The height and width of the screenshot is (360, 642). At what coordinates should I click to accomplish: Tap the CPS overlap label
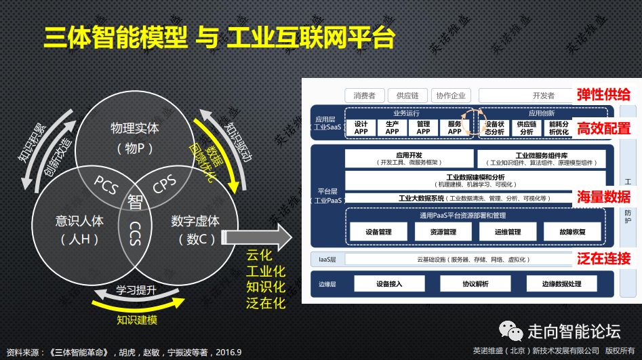pos(165,184)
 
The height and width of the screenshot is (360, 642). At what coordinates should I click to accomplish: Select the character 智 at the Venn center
pos(135,201)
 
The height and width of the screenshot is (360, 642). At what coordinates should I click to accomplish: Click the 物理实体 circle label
pos(134,127)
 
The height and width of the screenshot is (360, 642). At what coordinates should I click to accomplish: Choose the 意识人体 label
pos(79,221)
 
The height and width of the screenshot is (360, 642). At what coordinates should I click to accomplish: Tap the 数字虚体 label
pos(195,221)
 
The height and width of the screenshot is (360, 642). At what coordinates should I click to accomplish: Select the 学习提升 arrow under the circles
pos(136,291)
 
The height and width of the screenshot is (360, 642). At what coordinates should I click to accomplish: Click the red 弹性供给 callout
pos(604,94)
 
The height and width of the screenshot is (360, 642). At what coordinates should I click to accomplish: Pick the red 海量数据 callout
pos(604,197)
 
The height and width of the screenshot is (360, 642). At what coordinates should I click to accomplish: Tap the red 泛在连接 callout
pos(604,258)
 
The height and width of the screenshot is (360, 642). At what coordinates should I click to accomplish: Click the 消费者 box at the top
pos(365,96)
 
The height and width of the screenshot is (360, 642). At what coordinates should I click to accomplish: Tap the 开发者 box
pos(543,96)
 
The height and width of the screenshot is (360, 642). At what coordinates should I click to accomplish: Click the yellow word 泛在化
pos(266,303)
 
